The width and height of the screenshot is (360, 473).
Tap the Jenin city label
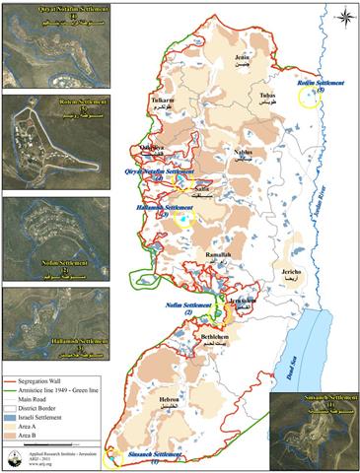(233, 60)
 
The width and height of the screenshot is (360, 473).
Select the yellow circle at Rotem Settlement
(309, 101)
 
